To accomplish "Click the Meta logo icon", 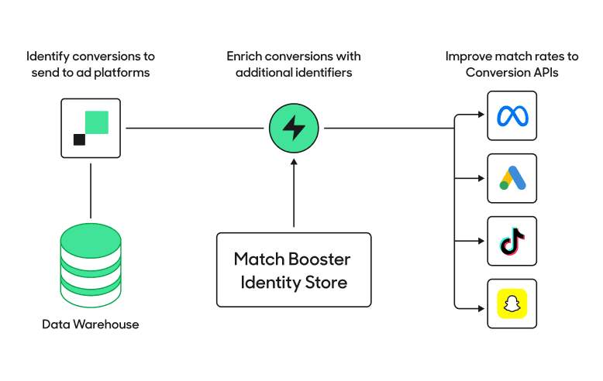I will (x=512, y=116).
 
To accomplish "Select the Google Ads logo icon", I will (x=512, y=178).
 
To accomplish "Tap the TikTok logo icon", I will (x=512, y=241).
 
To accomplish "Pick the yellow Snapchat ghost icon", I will (x=512, y=304).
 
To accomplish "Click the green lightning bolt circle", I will (x=294, y=129).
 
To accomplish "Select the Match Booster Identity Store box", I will (x=294, y=269).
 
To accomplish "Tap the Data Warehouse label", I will (x=91, y=324).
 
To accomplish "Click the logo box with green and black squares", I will (x=91, y=129).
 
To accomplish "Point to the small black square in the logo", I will (x=79, y=139).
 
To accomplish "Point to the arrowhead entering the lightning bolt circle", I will (x=294, y=162).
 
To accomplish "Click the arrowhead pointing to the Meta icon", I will (x=481, y=116).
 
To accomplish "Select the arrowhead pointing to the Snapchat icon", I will (x=481, y=304).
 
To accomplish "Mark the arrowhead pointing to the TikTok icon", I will (x=481, y=241).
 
